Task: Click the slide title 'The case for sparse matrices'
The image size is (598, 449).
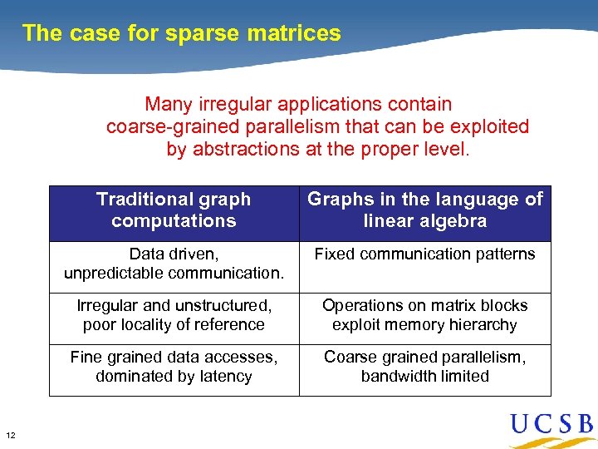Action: pyautogui.click(x=181, y=33)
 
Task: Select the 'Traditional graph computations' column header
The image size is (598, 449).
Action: pyautogui.click(x=174, y=210)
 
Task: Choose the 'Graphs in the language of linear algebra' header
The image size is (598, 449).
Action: pyautogui.click(x=424, y=210)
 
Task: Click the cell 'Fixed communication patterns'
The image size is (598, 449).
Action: pyautogui.click(x=424, y=254)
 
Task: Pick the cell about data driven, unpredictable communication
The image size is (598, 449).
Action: pyautogui.click(x=174, y=264)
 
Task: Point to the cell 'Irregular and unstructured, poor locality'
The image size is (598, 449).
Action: pyautogui.click(x=174, y=315)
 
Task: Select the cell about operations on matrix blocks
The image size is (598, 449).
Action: pyautogui.click(x=424, y=315)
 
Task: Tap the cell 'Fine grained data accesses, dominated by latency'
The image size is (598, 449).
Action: pyautogui.click(x=174, y=367)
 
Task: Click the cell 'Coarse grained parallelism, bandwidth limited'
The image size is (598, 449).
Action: pyautogui.click(x=424, y=367)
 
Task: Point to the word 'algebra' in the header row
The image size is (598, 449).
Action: pyautogui.click(x=455, y=222)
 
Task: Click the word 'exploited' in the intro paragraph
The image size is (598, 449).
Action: pyautogui.click(x=489, y=127)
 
